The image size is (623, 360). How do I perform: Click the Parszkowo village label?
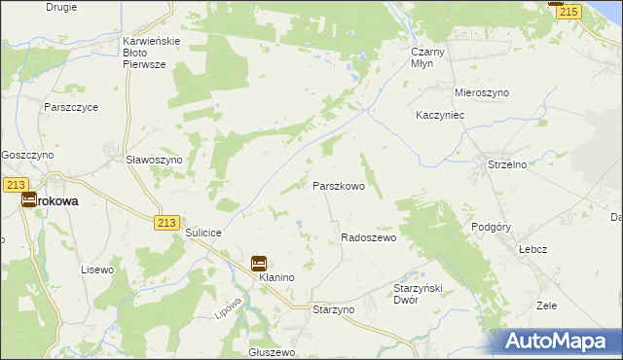pos(338,185)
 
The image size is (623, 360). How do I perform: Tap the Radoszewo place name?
pos(368,237)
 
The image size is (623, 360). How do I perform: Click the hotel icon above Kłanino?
pos(259,263)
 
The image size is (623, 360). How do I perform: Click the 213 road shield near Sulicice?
pos(165,223)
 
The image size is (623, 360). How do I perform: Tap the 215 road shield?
pos(568,11)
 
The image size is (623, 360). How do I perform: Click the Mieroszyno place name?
pos(482,92)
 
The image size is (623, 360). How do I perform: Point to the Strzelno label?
pos(506,165)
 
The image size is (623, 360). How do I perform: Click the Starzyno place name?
pos(333,308)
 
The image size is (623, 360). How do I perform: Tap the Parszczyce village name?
pos(70,107)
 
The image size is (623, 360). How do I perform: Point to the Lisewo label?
pos(97,269)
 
